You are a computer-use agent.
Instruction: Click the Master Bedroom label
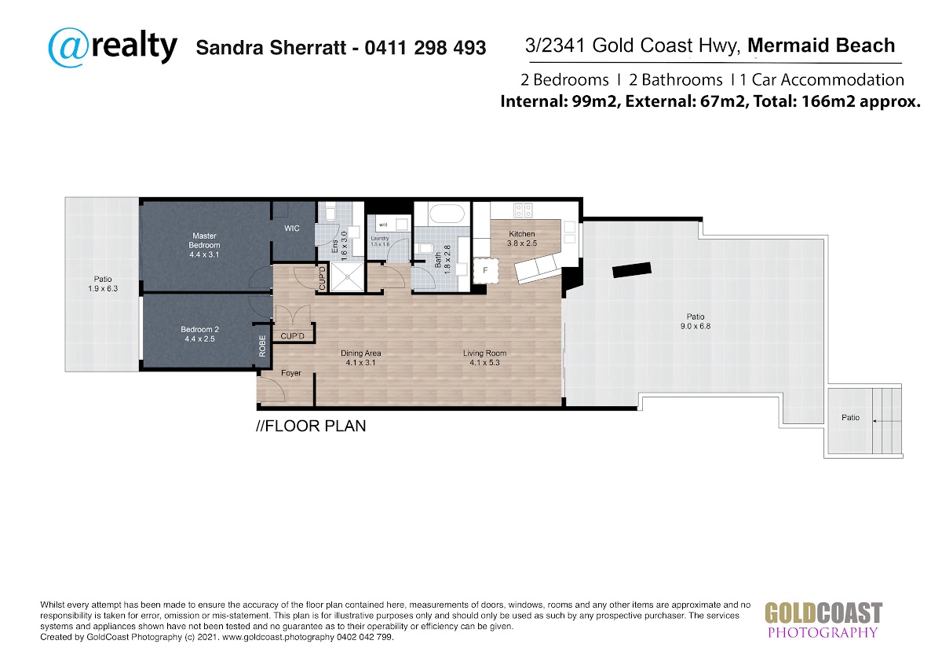tap(204, 245)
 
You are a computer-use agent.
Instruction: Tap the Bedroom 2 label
tap(199, 334)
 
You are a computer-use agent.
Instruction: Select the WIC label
tap(292, 229)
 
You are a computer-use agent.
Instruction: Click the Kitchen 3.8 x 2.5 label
tap(522, 238)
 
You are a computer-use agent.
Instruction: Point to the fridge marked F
tap(485, 270)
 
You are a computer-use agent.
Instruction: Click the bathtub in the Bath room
tap(446, 215)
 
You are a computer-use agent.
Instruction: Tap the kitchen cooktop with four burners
tap(523, 210)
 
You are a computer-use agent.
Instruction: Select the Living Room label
tap(484, 357)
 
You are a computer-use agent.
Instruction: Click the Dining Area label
tap(361, 357)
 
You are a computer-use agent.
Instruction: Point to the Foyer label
tap(291, 373)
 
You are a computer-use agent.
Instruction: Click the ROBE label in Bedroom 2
tap(262, 346)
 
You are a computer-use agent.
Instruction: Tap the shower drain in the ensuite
tap(348, 276)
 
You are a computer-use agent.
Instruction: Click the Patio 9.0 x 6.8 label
tap(696, 321)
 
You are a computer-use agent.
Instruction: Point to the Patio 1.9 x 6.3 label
tap(103, 284)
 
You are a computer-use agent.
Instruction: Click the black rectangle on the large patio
tap(632, 269)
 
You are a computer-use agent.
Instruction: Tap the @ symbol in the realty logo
tap(68, 48)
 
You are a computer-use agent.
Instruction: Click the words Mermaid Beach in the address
tap(821, 46)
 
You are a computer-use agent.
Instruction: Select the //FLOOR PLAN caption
tap(311, 426)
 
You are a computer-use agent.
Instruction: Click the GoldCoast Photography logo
tap(823, 620)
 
